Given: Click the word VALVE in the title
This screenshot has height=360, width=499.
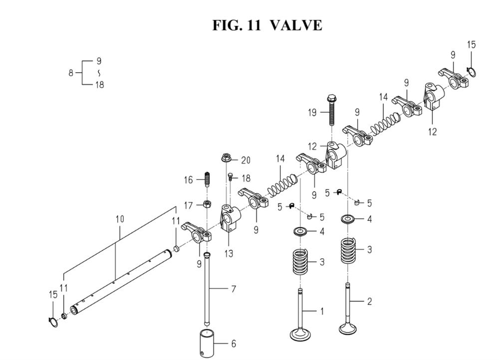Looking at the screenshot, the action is [x=295, y=25].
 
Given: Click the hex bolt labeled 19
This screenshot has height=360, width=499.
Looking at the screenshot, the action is [x=331, y=110].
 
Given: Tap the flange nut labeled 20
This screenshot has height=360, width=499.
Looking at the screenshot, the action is [x=226, y=158].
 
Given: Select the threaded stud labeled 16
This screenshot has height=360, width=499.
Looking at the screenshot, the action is [x=207, y=180].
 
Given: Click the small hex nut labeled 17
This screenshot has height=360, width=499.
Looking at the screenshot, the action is [x=208, y=203].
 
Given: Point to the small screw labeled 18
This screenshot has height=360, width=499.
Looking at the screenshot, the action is [x=231, y=178].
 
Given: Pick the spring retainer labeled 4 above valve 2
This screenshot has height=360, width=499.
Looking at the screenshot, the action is [x=348, y=219].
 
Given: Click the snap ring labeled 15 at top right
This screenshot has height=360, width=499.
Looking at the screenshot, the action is [x=472, y=72].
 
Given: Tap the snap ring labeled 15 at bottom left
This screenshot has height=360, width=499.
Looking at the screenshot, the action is [x=53, y=322].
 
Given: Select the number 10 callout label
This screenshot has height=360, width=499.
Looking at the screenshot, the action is [x=120, y=219].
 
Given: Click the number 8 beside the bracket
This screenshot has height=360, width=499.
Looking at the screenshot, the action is [x=71, y=73].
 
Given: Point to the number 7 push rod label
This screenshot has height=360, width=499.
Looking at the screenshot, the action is [x=234, y=289].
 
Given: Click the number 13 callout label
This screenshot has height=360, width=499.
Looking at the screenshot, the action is [x=229, y=253].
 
